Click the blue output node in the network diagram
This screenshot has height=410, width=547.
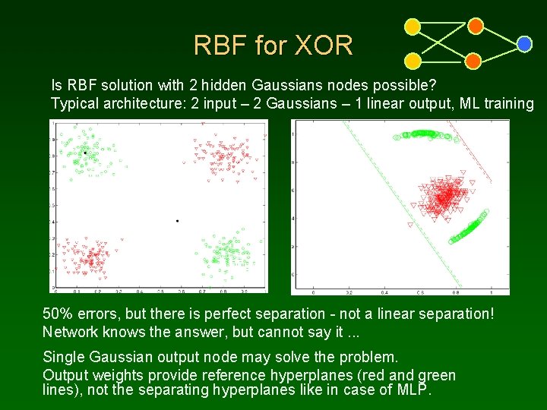tap(524, 44)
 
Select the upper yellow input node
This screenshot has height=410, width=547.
tap(413, 27)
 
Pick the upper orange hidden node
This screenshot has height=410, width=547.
tap(476, 27)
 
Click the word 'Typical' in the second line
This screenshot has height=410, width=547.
tap(74, 103)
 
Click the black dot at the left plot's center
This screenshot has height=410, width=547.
tap(177, 221)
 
